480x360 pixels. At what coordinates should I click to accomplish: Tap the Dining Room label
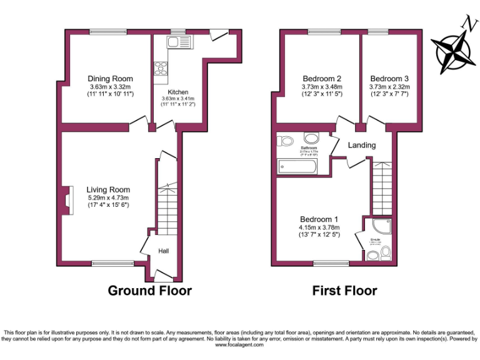tap(109, 78)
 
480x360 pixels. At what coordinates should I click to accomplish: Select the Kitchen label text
tap(177, 92)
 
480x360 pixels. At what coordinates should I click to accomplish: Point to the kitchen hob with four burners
tap(161, 67)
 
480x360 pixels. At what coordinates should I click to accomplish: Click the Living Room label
tap(108, 189)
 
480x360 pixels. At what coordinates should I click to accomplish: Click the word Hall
tap(163, 251)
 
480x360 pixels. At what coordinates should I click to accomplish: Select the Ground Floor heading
tap(149, 291)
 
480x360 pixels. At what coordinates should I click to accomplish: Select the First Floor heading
tap(344, 291)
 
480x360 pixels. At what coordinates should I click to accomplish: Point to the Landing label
tap(362, 145)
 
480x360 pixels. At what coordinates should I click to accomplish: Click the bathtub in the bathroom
tap(298, 166)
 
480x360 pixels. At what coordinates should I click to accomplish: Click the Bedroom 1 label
tap(319, 219)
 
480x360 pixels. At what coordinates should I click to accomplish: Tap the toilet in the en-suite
tap(386, 252)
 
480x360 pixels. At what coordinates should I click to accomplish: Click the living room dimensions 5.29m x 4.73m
tap(108, 197)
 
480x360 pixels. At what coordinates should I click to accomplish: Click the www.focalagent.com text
tap(240, 344)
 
